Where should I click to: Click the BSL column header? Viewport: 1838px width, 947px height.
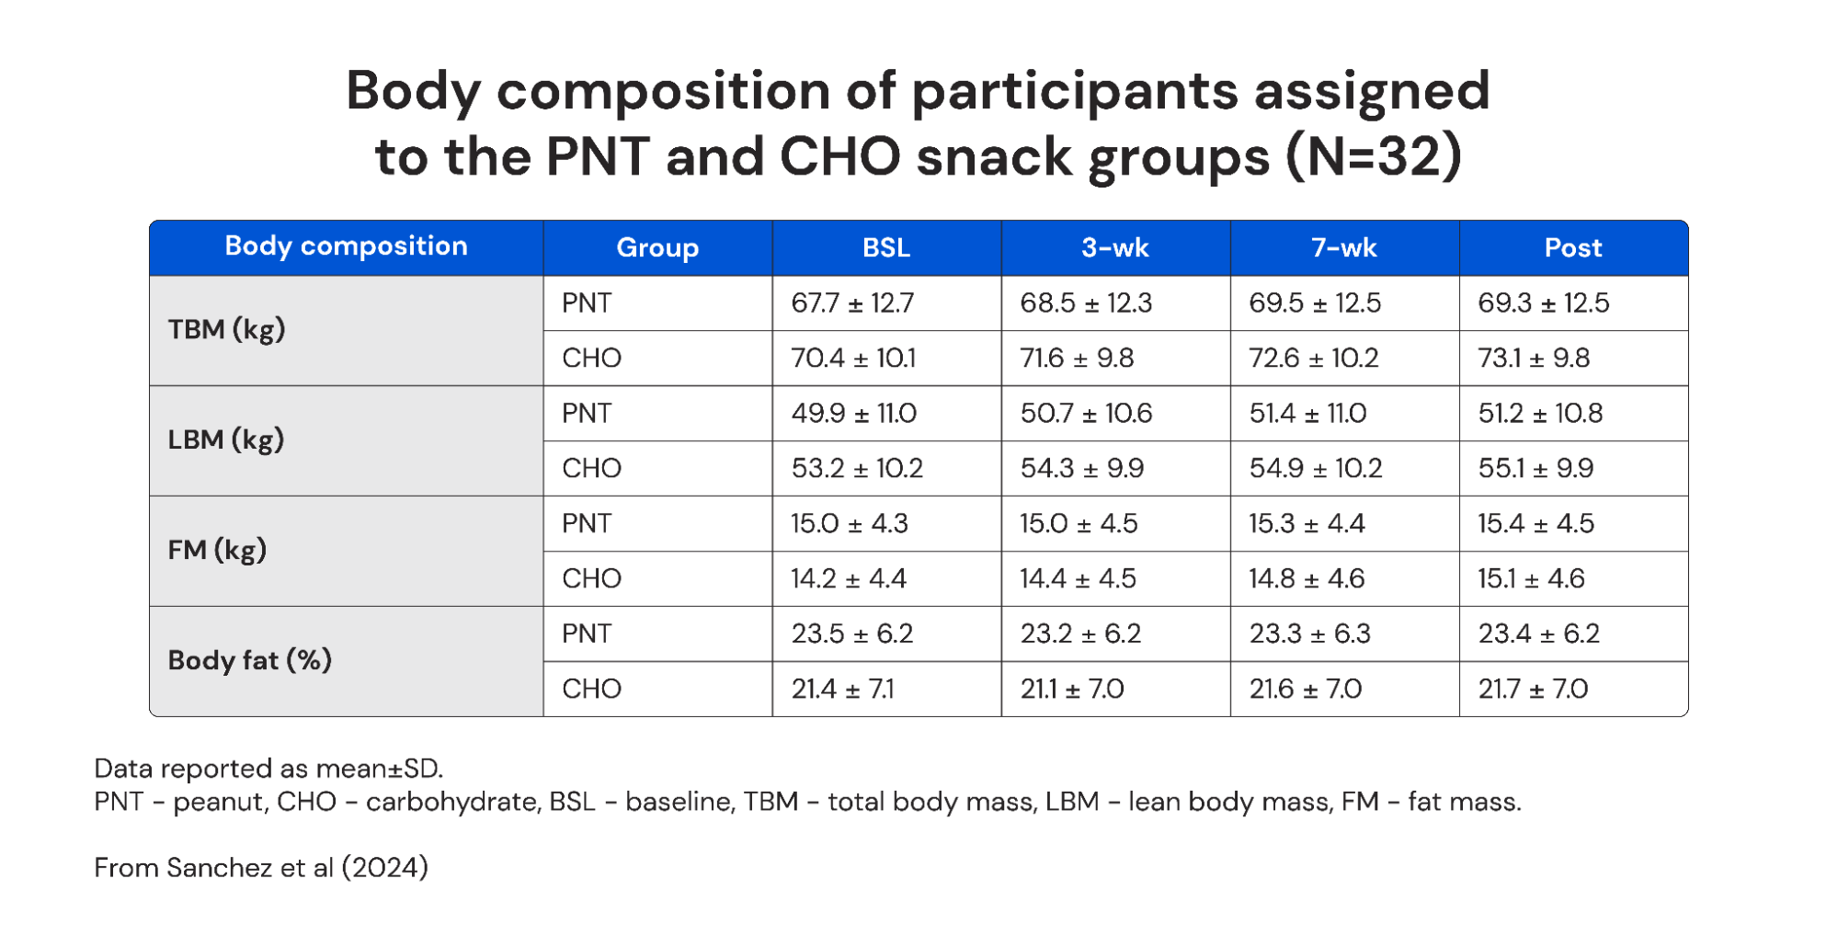(885, 248)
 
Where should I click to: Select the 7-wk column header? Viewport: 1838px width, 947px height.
(1343, 248)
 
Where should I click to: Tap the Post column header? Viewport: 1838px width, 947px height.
(1572, 248)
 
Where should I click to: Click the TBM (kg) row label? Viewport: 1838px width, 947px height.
(226, 330)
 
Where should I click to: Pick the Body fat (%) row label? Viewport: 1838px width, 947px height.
(249, 661)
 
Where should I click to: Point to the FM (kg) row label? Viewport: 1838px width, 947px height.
(217, 551)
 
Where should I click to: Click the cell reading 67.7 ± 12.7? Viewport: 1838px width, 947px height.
(852, 303)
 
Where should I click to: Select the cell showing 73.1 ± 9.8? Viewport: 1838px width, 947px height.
(1533, 359)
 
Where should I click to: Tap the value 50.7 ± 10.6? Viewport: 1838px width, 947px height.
(1085, 414)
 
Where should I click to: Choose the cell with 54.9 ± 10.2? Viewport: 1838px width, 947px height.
(1315, 469)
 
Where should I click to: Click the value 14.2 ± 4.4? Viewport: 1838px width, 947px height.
(848, 579)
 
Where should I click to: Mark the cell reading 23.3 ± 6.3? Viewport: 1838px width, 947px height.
(1309, 634)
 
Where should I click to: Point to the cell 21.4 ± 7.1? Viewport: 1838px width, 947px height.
(842, 690)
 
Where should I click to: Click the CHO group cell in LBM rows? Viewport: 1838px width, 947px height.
(591, 469)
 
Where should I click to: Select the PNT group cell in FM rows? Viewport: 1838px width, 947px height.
(587, 524)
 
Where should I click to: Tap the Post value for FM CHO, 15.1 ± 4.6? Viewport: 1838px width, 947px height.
(1531, 579)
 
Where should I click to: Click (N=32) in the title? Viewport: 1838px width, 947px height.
(1373, 156)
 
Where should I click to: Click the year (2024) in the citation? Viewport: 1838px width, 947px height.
(384, 868)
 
